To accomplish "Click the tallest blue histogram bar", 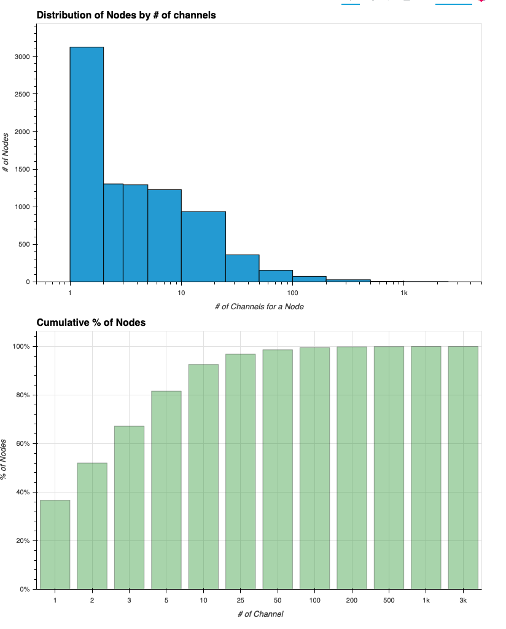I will (x=87, y=164).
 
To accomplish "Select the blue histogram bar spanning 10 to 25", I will (x=203, y=247).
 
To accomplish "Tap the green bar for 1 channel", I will (x=55, y=544).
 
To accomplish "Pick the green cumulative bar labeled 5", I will (x=166, y=490).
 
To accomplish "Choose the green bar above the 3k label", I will (x=463, y=467).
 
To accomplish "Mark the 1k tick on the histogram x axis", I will (x=403, y=293).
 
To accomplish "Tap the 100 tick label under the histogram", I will (x=292, y=293).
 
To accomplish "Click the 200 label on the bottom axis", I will (x=352, y=599).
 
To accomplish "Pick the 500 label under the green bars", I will (x=389, y=599).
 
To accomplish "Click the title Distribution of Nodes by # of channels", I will (x=126, y=15).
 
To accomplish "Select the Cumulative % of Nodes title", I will (x=91, y=322).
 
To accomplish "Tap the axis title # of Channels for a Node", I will (x=259, y=306).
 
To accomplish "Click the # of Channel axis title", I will (x=260, y=614).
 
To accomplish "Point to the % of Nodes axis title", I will (x=5, y=459).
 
